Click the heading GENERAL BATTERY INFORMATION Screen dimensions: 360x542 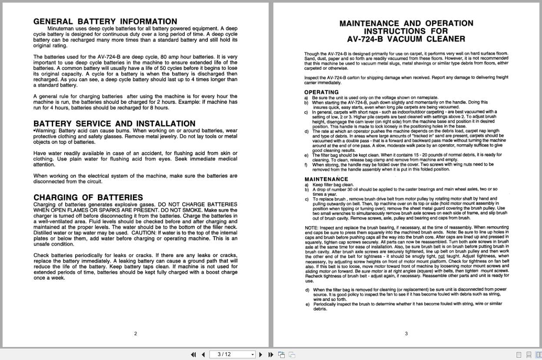[x=105, y=21]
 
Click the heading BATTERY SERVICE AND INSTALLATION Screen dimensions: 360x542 [x=114, y=123]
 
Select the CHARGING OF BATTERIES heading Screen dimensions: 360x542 [x=88, y=197]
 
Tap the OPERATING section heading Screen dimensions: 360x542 [x=321, y=92]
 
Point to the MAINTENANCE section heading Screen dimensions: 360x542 [x=326, y=179]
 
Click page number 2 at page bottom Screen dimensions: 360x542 [x=136, y=333]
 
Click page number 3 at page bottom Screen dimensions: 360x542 [x=406, y=333]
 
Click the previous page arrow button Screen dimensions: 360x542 [x=203, y=354]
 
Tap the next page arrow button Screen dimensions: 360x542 [x=261, y=354]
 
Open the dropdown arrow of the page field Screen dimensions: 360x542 [x=253, y=354]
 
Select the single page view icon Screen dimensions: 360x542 [x=519, y=354]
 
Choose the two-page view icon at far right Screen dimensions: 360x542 [x=538, y=354]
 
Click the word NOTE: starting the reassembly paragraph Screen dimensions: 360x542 [x=311, y=227]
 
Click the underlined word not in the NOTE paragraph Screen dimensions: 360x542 [x=441, y=257]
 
